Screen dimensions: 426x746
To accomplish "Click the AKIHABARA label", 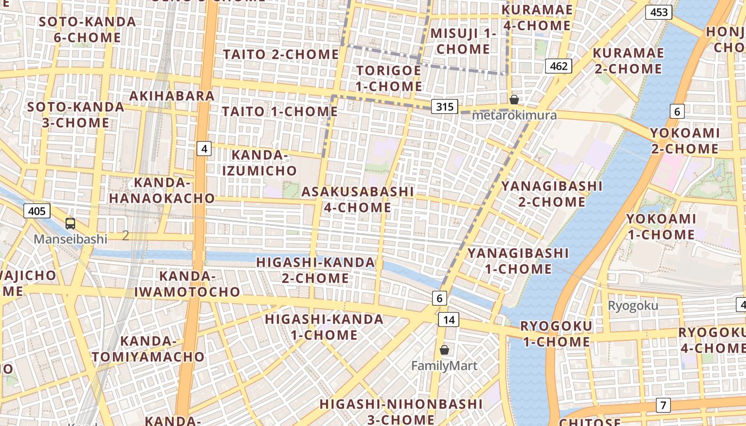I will pos(172,96).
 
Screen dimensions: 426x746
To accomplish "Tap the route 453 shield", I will pos(659,12).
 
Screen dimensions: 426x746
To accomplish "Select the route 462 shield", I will pos(558,66).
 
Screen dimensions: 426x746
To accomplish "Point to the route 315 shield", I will pos(444,106).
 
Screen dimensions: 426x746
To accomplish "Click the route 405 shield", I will pos(37,211).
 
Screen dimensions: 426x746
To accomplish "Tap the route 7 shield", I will pos(663,405).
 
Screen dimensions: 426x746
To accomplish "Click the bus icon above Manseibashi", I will pos(70,224).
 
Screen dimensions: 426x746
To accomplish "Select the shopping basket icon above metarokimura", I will pos(514,100).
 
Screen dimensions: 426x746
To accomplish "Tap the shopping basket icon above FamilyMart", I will pos(444,350).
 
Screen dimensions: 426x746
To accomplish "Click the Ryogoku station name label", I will pos(633,306).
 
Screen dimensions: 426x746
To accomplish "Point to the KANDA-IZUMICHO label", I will pos(259,162).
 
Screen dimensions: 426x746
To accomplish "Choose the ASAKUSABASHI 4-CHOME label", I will pos(358,199).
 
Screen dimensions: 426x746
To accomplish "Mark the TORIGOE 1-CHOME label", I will pos(389,78).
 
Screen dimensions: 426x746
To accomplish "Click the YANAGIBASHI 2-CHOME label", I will pos(552,194).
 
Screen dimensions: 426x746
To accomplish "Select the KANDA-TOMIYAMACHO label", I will pos(148,349).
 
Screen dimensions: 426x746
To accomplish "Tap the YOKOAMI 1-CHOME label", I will pos(661,226).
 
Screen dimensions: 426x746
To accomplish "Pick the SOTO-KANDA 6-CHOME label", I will pos(87,30).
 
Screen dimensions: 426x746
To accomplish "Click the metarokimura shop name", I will pos(514,115).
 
